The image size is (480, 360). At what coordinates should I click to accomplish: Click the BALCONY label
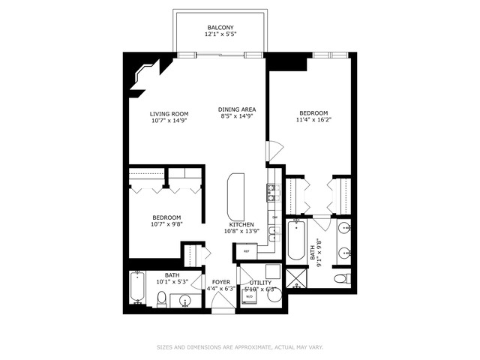220,28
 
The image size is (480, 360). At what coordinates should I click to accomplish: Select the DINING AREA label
238,109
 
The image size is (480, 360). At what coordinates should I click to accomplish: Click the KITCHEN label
241,225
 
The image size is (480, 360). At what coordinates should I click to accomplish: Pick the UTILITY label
271,282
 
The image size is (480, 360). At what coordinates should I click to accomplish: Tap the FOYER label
220,282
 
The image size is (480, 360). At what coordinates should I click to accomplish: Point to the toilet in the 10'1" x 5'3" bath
161,300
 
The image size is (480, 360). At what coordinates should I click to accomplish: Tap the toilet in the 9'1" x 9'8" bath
340,278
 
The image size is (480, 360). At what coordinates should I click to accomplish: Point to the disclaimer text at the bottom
240,347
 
